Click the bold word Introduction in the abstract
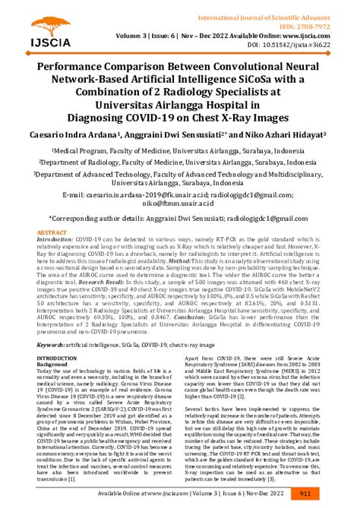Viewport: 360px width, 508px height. point(57,238)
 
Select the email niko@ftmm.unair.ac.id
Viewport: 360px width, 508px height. point(179,203)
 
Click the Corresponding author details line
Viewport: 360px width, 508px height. point(179,217)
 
